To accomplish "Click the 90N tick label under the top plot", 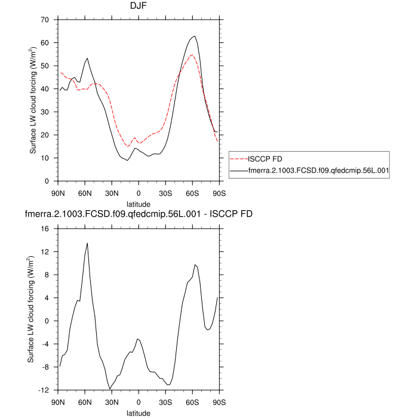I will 59,192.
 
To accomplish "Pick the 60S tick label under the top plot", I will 192,192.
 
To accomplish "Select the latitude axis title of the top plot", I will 139,204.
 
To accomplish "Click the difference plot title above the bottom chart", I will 139,214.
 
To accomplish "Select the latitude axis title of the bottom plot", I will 139,413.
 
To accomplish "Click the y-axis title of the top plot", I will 35,100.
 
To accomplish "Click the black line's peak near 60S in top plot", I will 194,36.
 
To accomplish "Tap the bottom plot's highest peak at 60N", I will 87,243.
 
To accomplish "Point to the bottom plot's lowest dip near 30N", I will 110,389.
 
